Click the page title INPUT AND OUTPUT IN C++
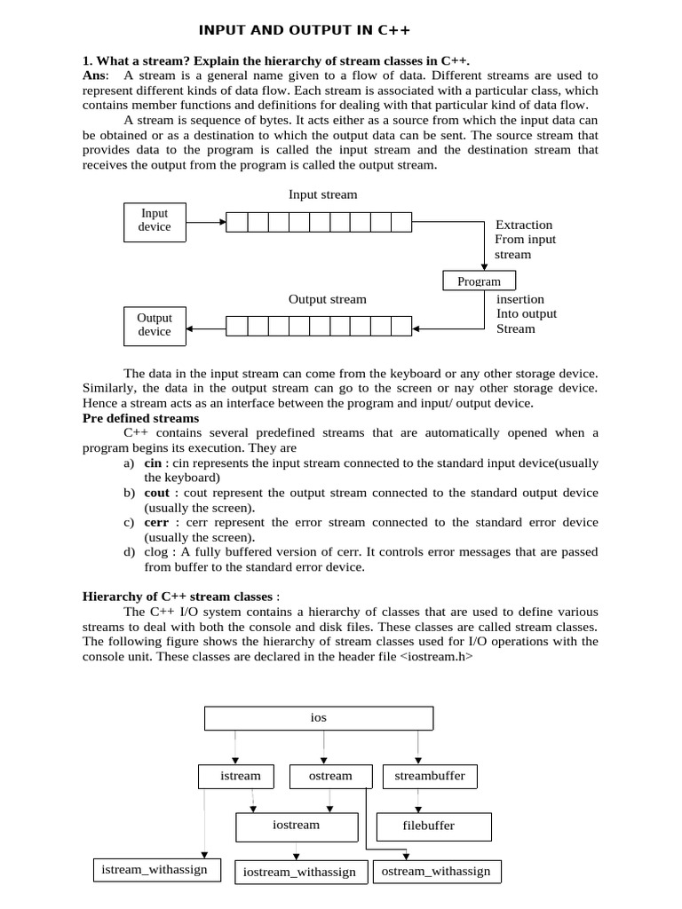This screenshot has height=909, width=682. click(x=305, y=30)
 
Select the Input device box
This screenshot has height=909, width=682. click(x=155, y=221)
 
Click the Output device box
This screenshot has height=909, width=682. click(x=155, y=325)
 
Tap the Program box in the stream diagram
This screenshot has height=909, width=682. click(x=479, y=281)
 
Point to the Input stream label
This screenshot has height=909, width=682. click(x=323, y=194)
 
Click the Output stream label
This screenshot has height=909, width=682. click(x=327, y=299)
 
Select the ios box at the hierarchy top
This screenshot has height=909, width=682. click(x=319, y=717)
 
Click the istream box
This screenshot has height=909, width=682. click(x=241, y=776)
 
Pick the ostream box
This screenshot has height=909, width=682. click(x=329, y=776)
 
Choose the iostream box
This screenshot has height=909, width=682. click(x=296, y=826)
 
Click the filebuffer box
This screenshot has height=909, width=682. click(x=428, y=826)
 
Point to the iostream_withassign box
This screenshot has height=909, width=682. click(x=299, y=873)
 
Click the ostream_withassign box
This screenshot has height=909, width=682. click(x=435, y=872)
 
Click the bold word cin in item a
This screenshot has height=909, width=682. click(x=153, y=463)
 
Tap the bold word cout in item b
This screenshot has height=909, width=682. click(x=156, y=493)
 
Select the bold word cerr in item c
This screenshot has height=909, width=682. click(x=156, y=522)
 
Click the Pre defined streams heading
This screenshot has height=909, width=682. click(x=140, y=418)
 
